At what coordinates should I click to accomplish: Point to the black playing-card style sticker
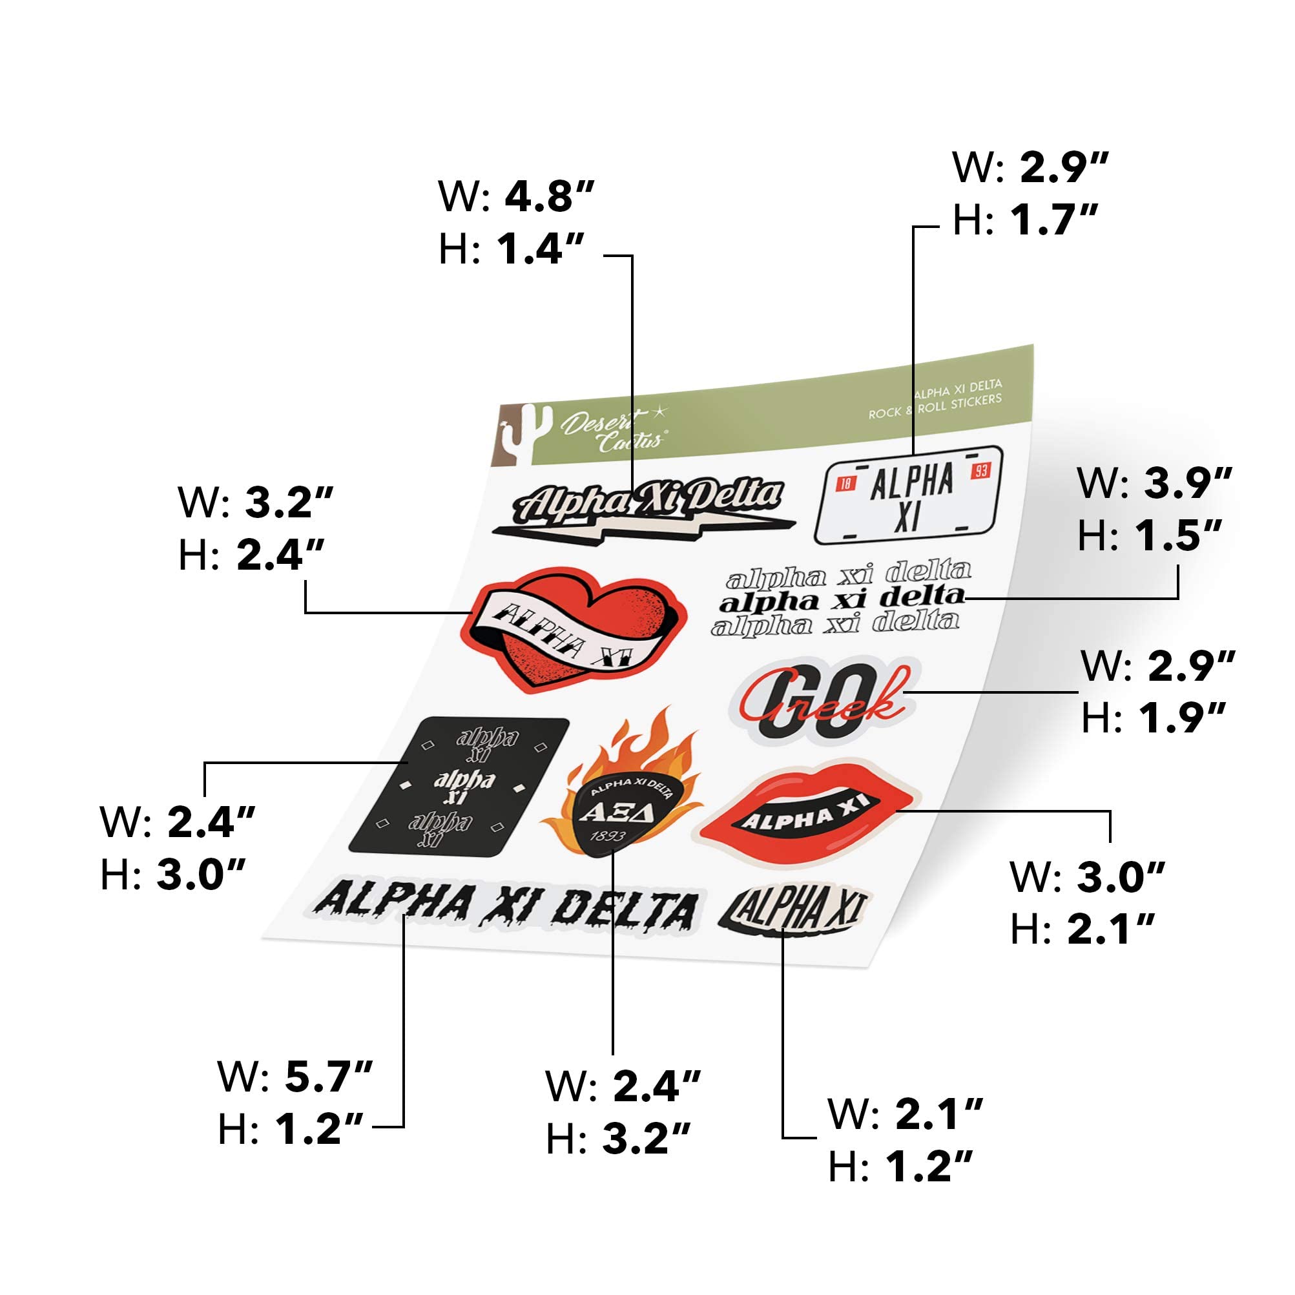[460, 786]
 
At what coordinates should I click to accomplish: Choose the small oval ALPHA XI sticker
[795, 909]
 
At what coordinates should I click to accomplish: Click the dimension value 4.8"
[549, 196]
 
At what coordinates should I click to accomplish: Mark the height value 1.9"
[1181, 716]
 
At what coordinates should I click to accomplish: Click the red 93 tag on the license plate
[980, 471]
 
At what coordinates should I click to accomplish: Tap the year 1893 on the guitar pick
[607, 836]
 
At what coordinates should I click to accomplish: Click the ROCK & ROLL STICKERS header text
[935, 407]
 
